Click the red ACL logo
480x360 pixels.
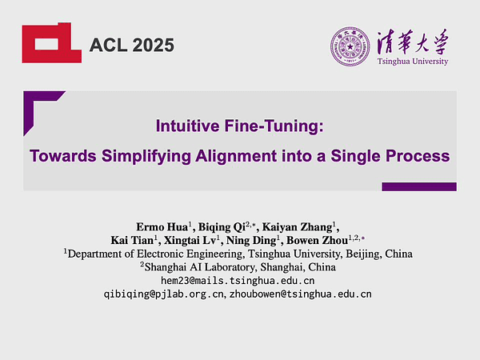tap(50, 42)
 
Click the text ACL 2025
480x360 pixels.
tap(132, 45)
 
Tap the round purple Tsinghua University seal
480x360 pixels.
tap(349, 46)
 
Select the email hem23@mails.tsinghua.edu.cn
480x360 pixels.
tap(238, 281)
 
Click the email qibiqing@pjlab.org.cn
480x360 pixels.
tap(164, 294)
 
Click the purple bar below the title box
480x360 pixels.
tap(418, 186)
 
